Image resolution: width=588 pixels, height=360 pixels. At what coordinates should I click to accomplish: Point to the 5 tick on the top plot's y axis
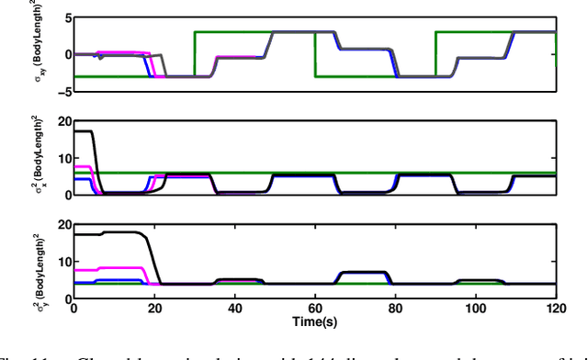[x=65, y=18]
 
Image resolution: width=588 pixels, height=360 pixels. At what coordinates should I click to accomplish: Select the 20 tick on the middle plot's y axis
[x=62, y=121]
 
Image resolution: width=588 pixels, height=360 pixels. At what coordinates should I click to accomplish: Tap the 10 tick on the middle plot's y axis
[x=62, y=158]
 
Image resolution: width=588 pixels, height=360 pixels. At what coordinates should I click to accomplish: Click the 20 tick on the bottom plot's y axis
[x=62, y=225]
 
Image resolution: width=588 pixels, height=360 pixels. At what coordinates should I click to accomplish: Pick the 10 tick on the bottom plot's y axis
[x=62, y=262]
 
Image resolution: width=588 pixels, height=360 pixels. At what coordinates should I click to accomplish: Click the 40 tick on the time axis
[x=234, y=309]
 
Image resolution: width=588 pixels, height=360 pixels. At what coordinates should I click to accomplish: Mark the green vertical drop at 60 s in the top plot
[x=315, y=55]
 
